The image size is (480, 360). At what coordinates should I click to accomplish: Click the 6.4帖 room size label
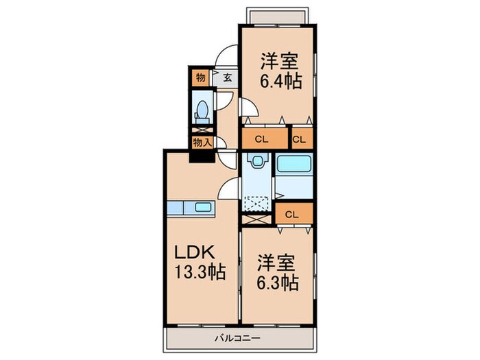(280, 82)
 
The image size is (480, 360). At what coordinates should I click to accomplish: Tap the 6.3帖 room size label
(277, 283)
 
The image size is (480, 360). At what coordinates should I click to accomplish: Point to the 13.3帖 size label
(200, 272)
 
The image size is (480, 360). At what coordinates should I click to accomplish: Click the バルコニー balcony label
(237, 338)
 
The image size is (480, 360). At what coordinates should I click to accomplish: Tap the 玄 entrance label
(227, 77)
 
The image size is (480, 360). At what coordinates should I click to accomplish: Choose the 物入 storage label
(202, 143)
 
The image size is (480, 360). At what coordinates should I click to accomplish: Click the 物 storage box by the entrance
(200, 77)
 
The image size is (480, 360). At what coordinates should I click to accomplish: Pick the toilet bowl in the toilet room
(202, 110)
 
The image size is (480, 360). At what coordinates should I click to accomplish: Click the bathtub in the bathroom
(294, 164)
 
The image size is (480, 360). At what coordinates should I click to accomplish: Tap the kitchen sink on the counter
(203, 207)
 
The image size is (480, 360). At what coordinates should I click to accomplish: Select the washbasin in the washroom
(256, 160)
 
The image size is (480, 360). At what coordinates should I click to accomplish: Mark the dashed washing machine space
(256, 204)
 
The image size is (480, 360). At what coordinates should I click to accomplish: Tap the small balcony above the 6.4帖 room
(276, 16)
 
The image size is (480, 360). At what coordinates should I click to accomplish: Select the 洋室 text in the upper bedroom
(279, 61)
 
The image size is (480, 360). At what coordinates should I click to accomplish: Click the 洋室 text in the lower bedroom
(276, 263)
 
